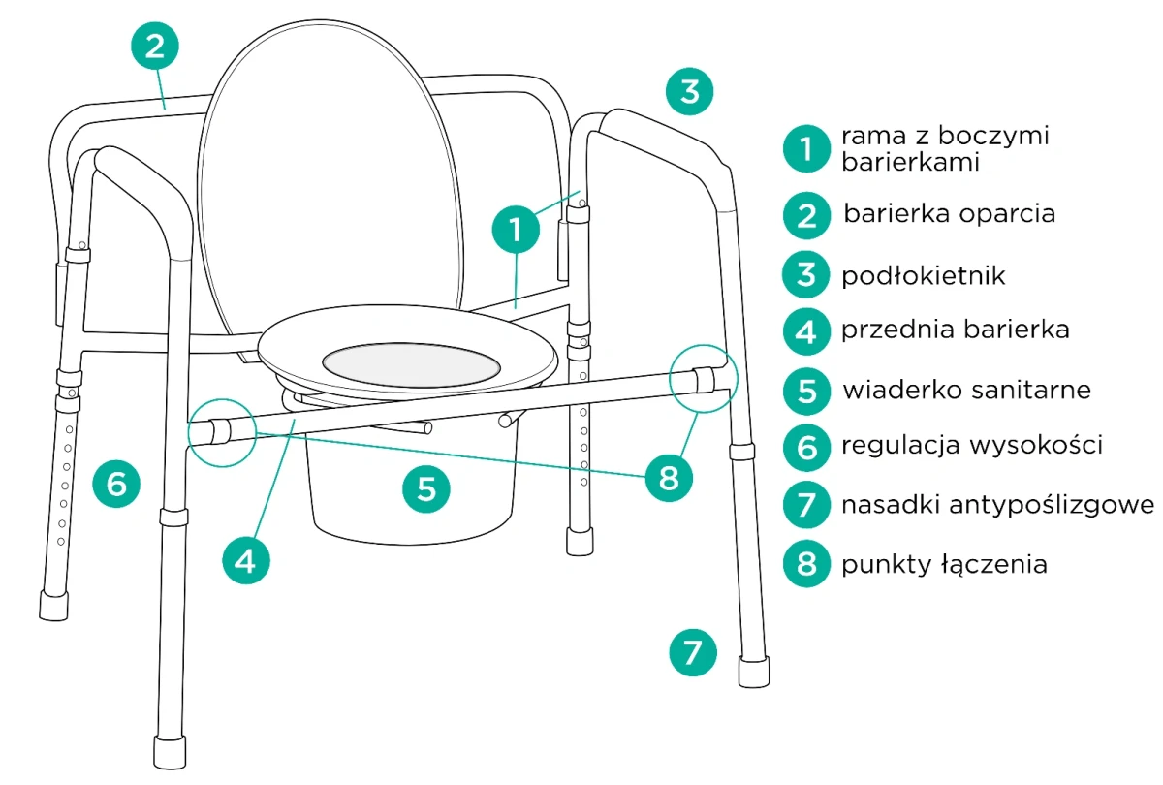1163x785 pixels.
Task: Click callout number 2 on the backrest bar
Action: click(155, 47)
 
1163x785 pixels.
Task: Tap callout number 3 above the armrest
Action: click(689, 92)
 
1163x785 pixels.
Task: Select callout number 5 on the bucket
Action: click(426, 489)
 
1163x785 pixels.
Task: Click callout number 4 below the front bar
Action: click(245, 560)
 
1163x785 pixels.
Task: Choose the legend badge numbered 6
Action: click(806, 447)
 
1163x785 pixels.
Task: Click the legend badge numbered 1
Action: click(806, 149)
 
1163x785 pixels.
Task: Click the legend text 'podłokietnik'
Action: click(923, 275)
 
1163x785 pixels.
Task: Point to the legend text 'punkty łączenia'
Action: click(944, 563)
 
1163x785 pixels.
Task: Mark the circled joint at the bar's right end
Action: click(703, 379)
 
